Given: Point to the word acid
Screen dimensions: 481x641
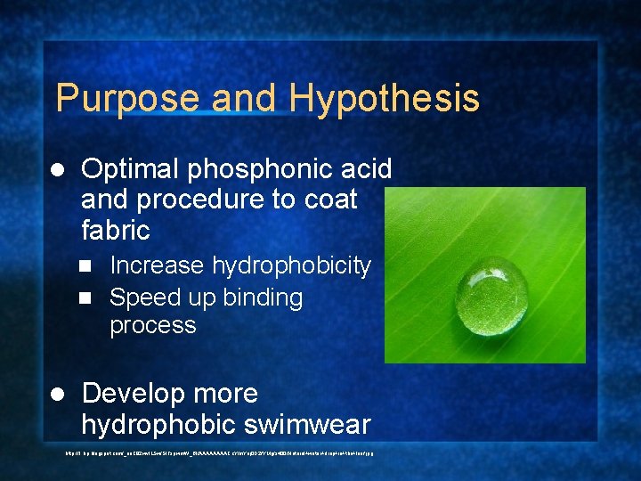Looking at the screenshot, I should click(367, 168).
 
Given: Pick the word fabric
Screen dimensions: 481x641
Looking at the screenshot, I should click(116, 230).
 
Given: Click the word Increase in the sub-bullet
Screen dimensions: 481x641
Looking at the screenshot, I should click(157, 265).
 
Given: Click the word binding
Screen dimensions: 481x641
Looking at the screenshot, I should click(256, 298).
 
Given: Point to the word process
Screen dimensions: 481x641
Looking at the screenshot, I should click(152, 325).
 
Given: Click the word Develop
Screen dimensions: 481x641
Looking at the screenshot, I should click(139, 395).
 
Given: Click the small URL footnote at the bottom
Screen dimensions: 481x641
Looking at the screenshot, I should click(219, 452).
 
